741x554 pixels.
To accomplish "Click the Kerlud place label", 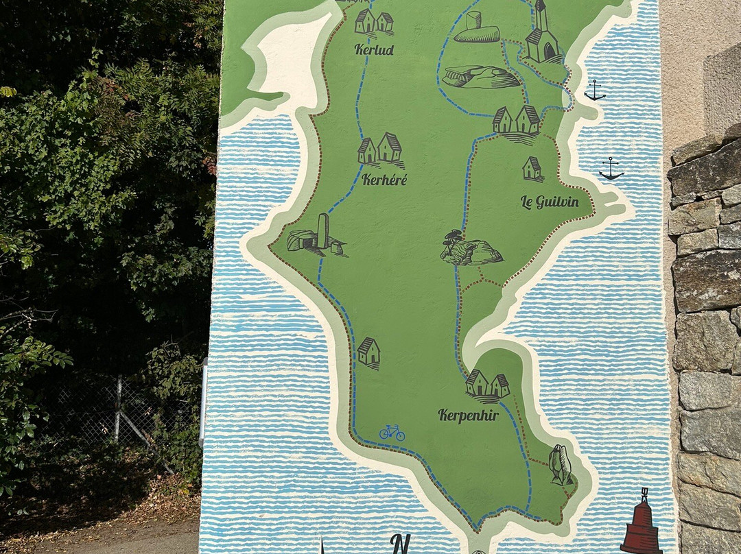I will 374,49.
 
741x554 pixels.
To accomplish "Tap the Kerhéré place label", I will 384,180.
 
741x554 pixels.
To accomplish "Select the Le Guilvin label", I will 549,202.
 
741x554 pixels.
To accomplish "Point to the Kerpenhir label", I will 468,415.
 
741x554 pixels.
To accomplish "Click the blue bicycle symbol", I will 392,432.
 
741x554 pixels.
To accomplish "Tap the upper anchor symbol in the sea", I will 594,90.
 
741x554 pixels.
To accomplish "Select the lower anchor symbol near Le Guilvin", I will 611,169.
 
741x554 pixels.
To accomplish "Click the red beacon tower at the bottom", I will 641,525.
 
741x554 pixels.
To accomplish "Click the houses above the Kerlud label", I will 374,22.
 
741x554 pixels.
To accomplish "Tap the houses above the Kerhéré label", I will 381,149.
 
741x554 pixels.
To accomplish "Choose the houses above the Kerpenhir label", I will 487,385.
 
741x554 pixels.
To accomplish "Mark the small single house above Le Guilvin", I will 532,168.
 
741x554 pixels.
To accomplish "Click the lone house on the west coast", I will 368,352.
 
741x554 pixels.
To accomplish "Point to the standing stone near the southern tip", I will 560,465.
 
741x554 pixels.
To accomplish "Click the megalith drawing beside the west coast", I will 316,235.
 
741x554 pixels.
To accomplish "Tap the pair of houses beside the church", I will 517,121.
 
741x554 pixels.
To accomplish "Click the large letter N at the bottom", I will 400,544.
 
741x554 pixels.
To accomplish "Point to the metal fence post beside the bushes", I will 118,410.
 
